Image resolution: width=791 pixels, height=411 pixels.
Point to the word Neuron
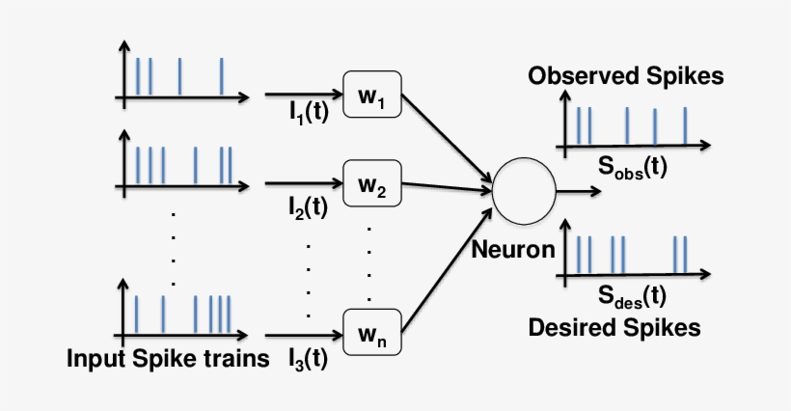pyautogui.click(x=513, y=250)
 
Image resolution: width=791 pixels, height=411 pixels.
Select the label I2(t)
pyautogui.click(x=308, y=206)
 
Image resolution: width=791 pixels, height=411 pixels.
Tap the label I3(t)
pyautogui.click(x=308, y=360)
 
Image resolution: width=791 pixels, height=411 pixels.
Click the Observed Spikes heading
pyautogui.click(x=625, y=76)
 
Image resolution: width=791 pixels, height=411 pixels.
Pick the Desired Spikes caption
pyautogui.click(x=614, y=327)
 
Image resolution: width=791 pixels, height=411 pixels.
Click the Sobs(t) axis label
pyautogui.click(x=632, y=169)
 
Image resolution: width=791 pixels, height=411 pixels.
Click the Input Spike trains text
pyautogui.click(x=167, y=360)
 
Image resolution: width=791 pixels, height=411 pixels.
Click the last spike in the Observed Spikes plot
pyautogui.click(x=685, y=124)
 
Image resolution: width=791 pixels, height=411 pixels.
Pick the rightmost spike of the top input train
pyautogui.click(x=222, y=77)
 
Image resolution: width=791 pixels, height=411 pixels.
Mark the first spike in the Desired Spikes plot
pyautogui.click(x=578, y=254)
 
